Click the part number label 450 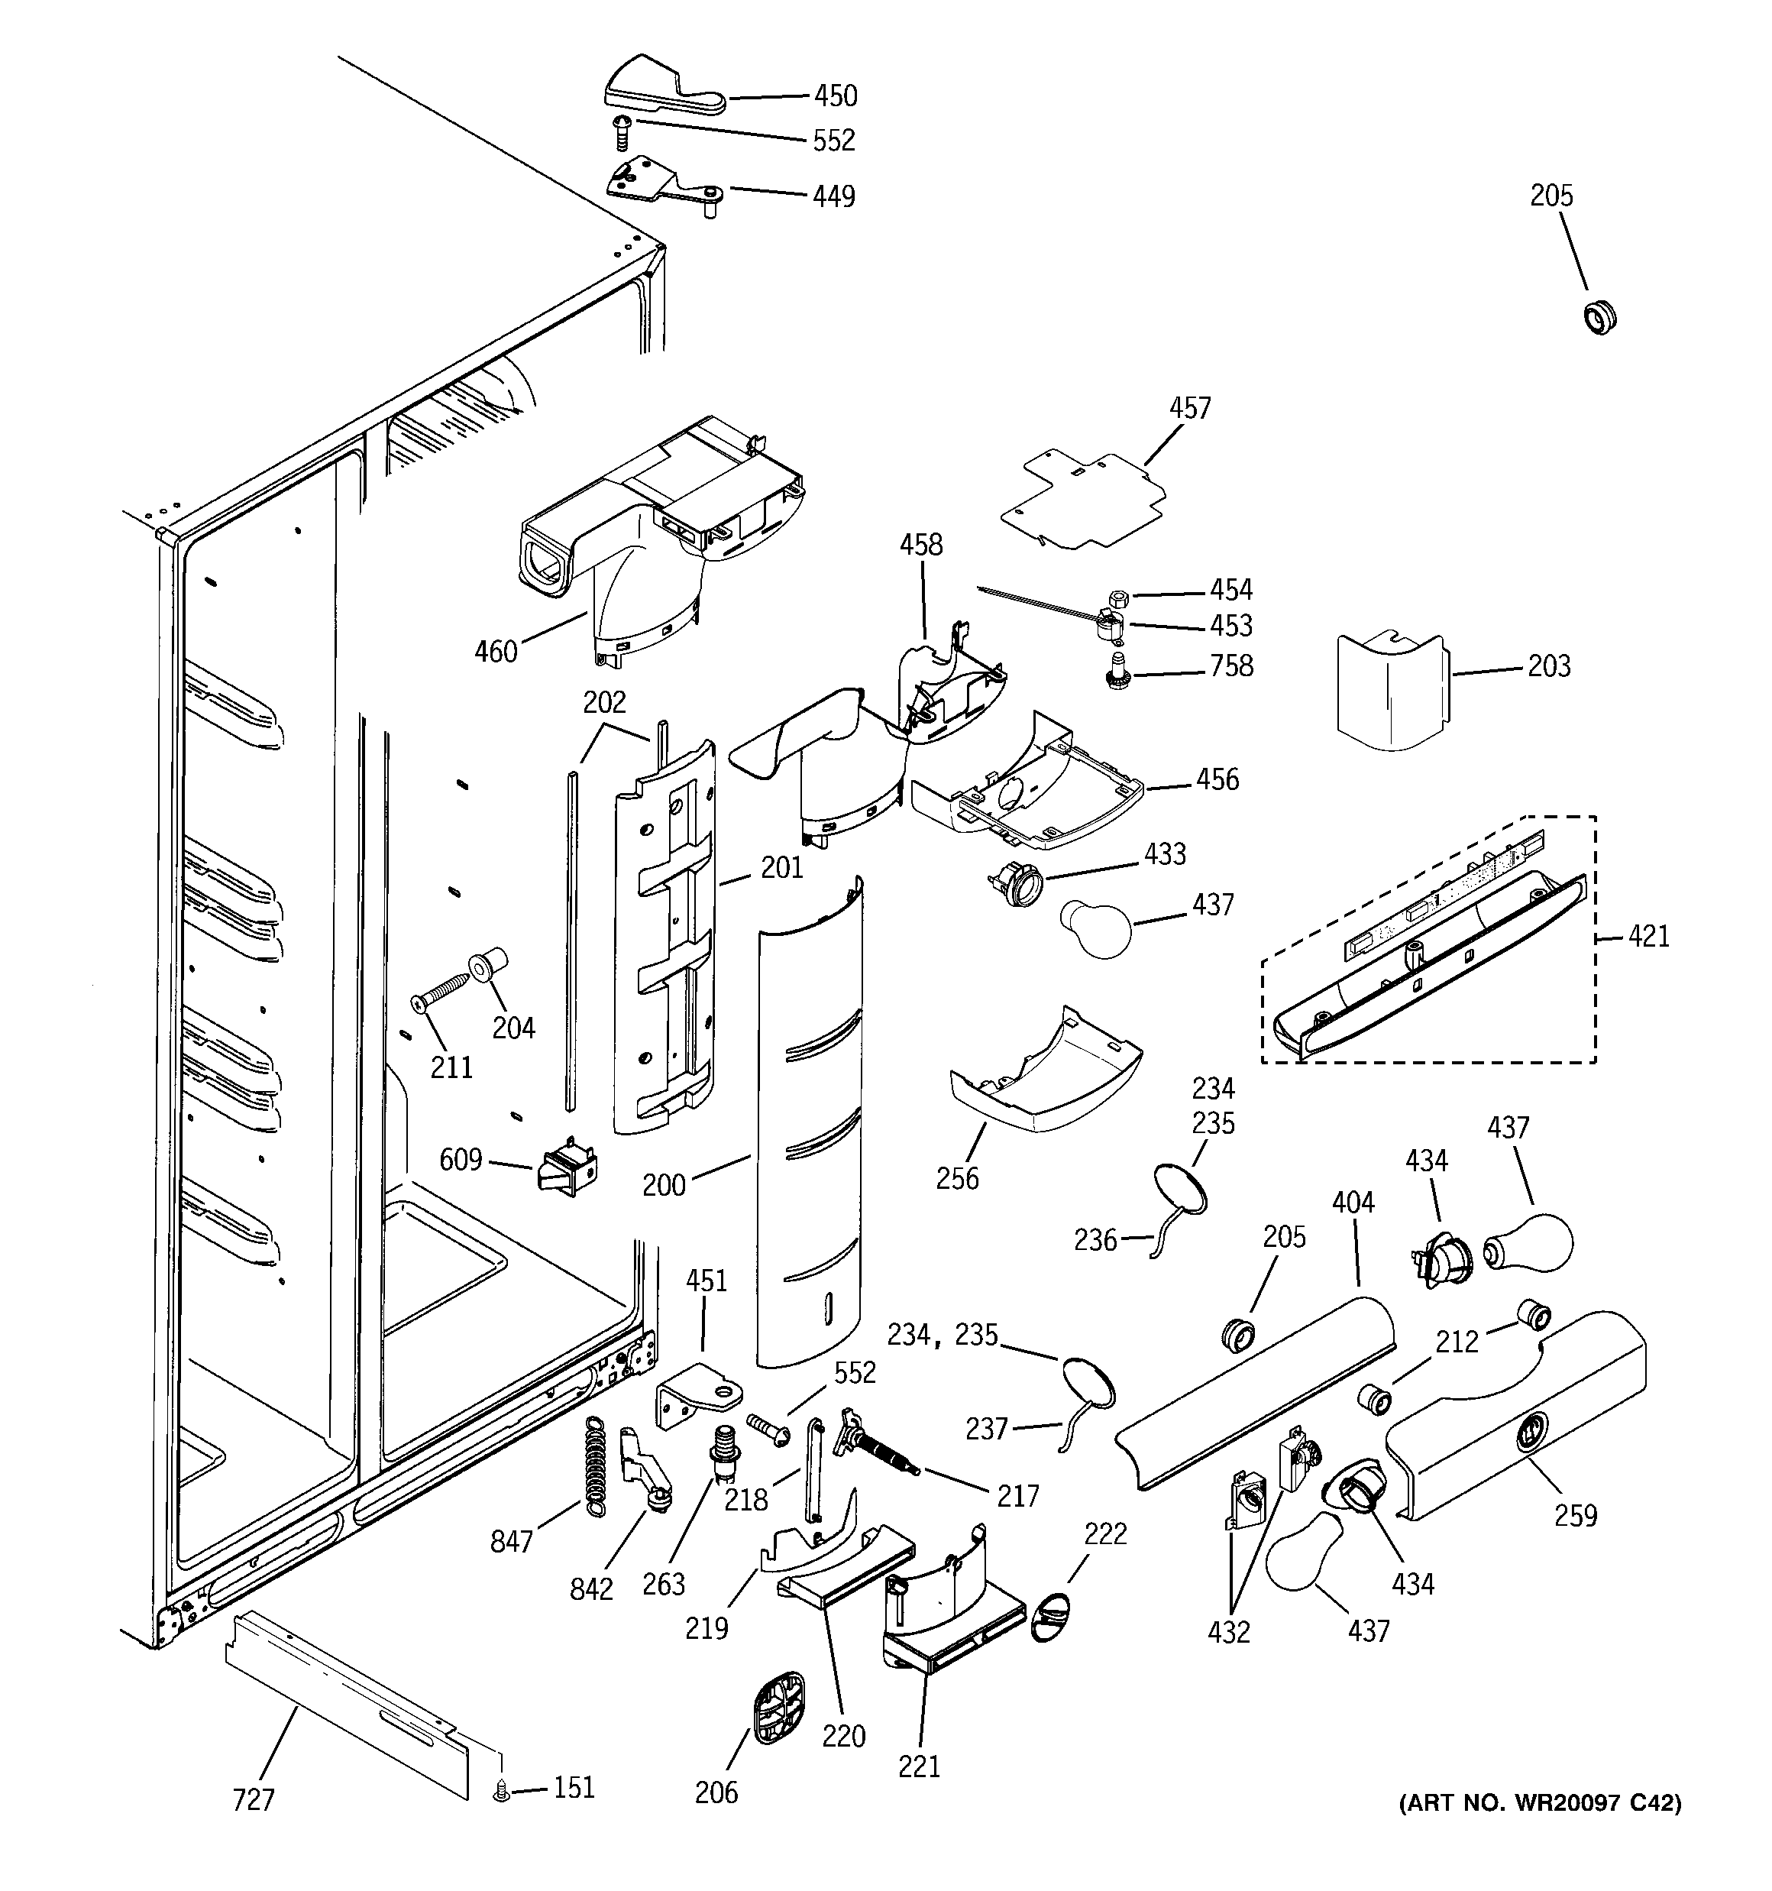pos(835,96)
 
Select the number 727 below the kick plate pos(254,1799)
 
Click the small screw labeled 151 pos(500,1792)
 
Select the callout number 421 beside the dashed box pos(1648,937)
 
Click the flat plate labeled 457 pos(1085,500)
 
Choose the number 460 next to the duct pos(496,652)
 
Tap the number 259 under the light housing pos(1576,1515)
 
